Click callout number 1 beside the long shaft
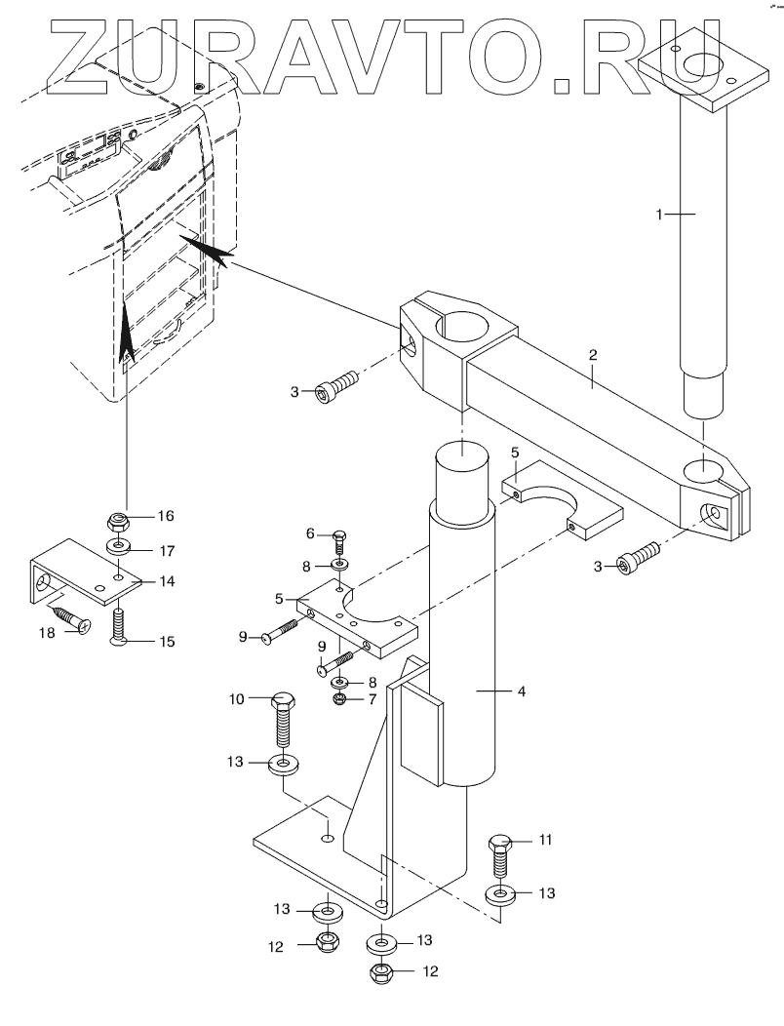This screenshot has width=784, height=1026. pos(660,214)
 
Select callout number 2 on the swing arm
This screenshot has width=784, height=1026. pos(593,355)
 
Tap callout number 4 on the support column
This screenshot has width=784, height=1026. pos(521,691)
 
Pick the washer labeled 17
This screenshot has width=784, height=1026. pos(118,545)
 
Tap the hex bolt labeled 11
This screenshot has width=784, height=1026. pos(501,858)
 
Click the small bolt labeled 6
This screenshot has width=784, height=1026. pos(339,541)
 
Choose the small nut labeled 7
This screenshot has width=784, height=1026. pos(339,700)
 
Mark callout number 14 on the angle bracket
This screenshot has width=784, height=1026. pos(167,581)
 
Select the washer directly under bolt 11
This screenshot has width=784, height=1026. pos(500,894)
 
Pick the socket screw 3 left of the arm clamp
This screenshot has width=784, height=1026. pos(337,385)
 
